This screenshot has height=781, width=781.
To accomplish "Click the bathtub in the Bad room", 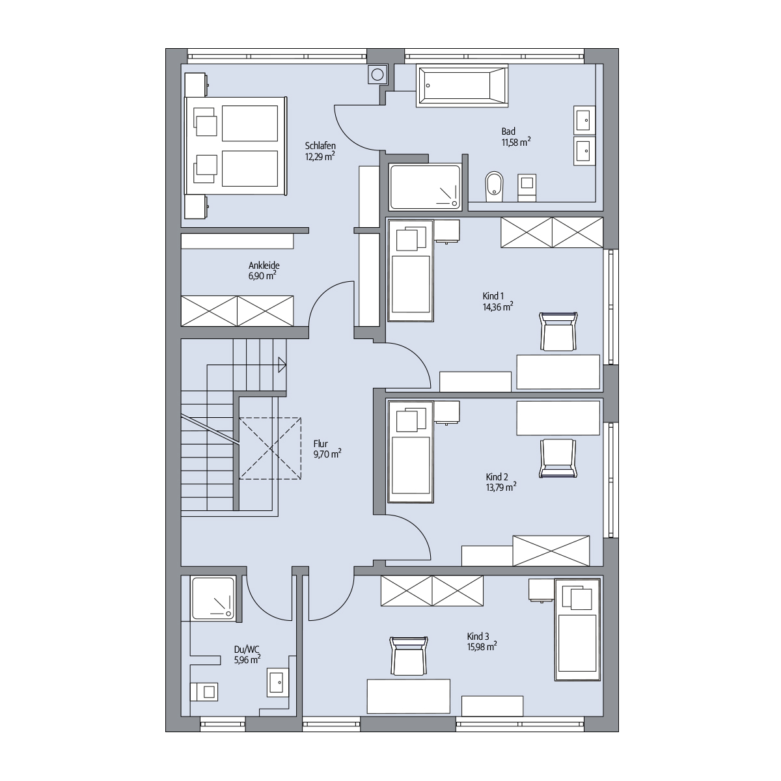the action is [x=462, y=85].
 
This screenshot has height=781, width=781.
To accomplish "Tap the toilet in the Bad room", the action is [x=494, y=186].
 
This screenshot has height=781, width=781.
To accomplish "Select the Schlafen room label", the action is [x=320, y=146].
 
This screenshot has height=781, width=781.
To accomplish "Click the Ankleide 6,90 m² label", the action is [x=264, y=271].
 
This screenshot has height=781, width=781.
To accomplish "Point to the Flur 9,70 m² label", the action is [x=327, y=449].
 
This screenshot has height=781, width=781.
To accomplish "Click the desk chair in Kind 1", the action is [x=558, y=331].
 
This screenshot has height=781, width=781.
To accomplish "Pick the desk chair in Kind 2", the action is [x=558, y=458].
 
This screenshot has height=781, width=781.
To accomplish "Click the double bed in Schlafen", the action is [x=236, y=146].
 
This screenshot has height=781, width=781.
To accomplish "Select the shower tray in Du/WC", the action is [x=213, y=598].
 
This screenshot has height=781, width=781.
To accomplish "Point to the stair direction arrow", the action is [x=282, y=364].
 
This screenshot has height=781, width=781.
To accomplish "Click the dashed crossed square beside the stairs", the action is [x=270, y=448].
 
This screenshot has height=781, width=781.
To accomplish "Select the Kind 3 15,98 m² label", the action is [x=482, y=642].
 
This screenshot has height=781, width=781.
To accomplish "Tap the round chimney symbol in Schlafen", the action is [x=377, y=75].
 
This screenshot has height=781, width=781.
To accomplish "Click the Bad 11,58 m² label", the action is [x=516, y=137].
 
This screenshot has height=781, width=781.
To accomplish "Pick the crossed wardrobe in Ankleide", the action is [x=237, y=311].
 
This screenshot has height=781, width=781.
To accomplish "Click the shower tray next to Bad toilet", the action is [x=425, y=186].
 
